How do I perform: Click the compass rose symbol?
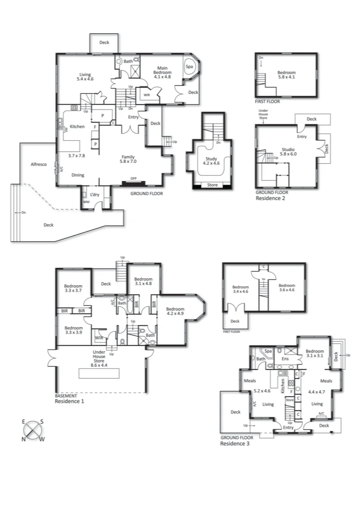(33, 429)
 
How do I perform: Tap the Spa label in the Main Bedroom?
(190, 67)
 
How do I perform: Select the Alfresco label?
(38, 164)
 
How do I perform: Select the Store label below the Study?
(212, 185)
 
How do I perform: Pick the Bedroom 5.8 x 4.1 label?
(287, 75)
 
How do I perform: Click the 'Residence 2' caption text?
(270, 198)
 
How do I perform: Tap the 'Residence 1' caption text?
(69, 401)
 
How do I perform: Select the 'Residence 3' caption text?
(235, 444)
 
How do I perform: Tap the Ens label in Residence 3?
(285, 359)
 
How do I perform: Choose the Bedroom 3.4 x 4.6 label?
(240, 289)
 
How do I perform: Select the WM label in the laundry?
(86, 202)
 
